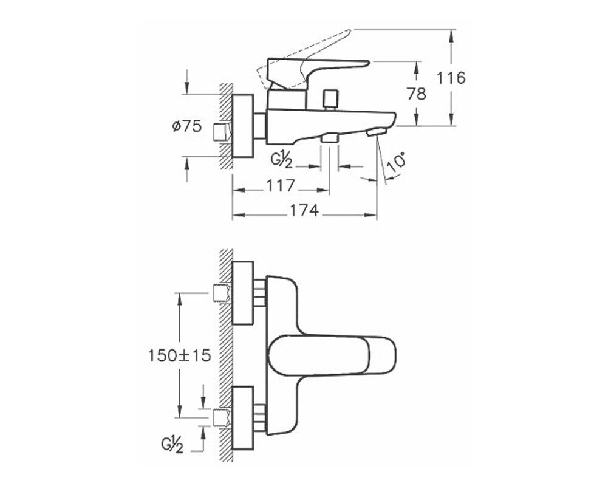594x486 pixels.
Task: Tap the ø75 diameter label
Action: pos(186,127)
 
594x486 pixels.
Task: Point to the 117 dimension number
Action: pos(281,185)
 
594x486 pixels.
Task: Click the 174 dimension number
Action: pos(304,210)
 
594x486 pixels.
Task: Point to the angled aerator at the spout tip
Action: pos(378,131)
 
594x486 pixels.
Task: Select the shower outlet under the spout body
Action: pos(330,138)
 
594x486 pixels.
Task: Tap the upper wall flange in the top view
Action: pos(243,293)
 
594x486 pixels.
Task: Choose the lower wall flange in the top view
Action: pos(243,417)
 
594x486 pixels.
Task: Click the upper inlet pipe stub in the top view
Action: pos(223,293)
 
